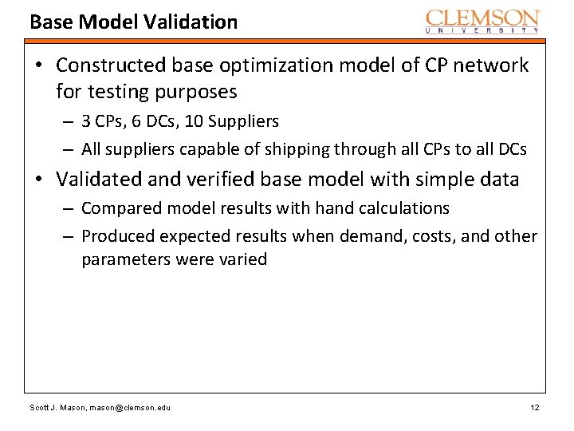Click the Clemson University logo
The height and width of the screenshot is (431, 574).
tap(483, 21)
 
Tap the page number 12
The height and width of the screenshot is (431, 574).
tap(535, 408)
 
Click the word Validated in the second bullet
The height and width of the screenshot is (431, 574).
tap(100, 180)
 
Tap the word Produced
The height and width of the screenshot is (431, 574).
tap(118, 236)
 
